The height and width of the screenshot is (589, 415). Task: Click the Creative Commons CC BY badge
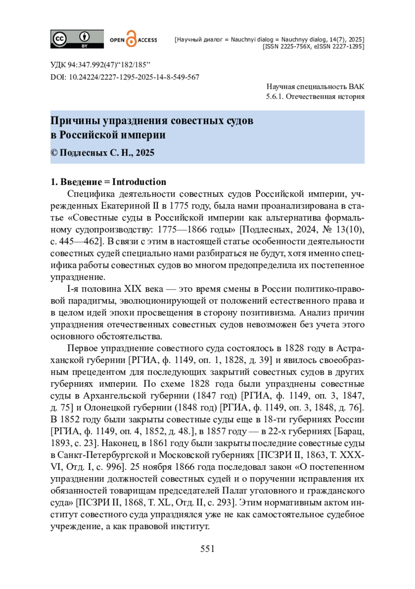pyautogui.click(x=77, y=39)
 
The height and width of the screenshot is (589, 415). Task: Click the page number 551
pyautogui.click(x=207, y=549)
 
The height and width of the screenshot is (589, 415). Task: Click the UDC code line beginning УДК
pyautogui.click(x=100, y=65)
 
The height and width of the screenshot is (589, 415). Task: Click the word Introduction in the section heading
pyautogui.click(x=139, y=182)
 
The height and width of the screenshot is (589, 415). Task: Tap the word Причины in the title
pyautogui.click(x=71, y=121)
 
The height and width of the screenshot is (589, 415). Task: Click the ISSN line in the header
pyautogui.click(x=313, y=46)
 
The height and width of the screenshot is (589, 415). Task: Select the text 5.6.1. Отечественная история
pyautogui.click(x=315, y=96)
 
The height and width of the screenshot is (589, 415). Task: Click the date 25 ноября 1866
pyautogui.click(x=163, y=467)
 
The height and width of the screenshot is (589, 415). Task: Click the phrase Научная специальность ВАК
pyautogui.click(x=315, y=87)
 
